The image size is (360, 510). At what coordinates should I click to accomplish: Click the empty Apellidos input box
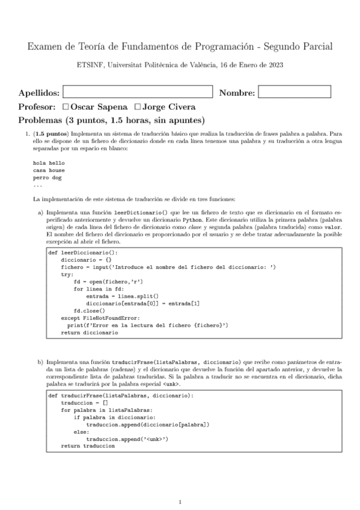(x=138, y=92)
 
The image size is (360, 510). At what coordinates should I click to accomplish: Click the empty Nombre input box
(x=294, y=92)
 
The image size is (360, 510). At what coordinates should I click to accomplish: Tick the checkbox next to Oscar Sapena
(x=66, y=106)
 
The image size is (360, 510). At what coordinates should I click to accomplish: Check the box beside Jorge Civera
(x=138, y=106)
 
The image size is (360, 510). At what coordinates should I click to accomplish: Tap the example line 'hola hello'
(x=49, y=164)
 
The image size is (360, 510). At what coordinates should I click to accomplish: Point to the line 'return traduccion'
(x=88, y=446)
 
